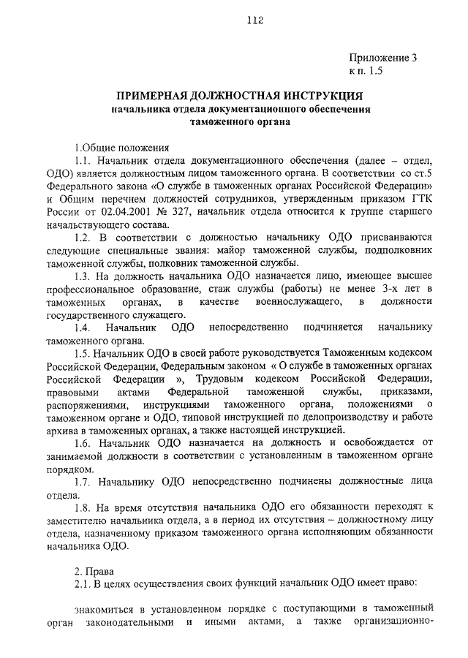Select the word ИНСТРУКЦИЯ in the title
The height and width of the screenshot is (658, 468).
(x=315, y=96)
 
